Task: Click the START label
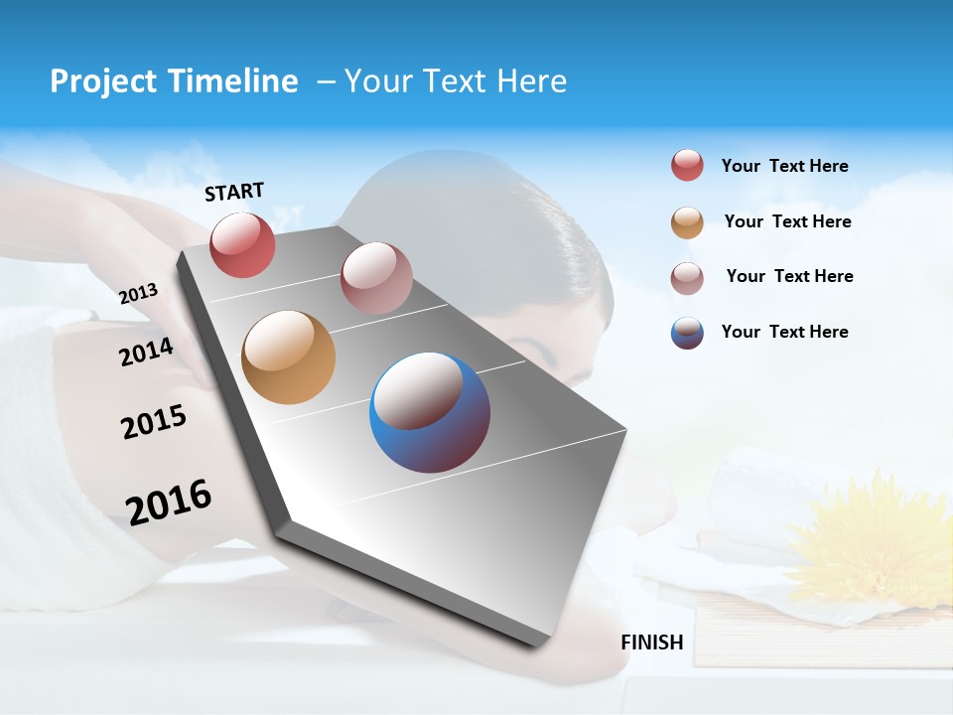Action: point(234,192)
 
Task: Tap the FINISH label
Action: point(651,643)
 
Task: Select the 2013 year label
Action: point(138,294)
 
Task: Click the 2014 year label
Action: point(146,352)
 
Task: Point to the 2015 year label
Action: point(153,422)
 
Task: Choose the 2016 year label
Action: point(169,501)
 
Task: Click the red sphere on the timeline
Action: point(242,244)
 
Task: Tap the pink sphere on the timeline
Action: point(375,277)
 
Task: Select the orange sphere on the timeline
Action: point(288,357)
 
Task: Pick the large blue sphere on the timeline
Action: point(430,412)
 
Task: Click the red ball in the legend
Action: point(687,166)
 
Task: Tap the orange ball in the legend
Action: point(687,222)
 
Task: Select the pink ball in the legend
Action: point(687,277)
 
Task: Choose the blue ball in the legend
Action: point(687,333)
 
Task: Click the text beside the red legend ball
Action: point(784,166)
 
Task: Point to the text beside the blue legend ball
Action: point(784,332)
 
